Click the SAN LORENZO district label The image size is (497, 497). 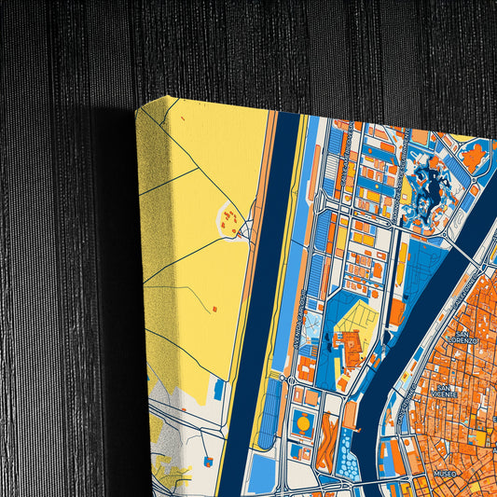[x=460, y=337]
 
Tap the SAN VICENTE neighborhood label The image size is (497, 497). [x=447, y=391]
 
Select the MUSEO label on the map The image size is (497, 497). [x=446, y=474]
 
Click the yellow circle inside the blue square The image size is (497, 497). [x=303, y=424]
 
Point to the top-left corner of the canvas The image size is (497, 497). [x=137, y=104]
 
